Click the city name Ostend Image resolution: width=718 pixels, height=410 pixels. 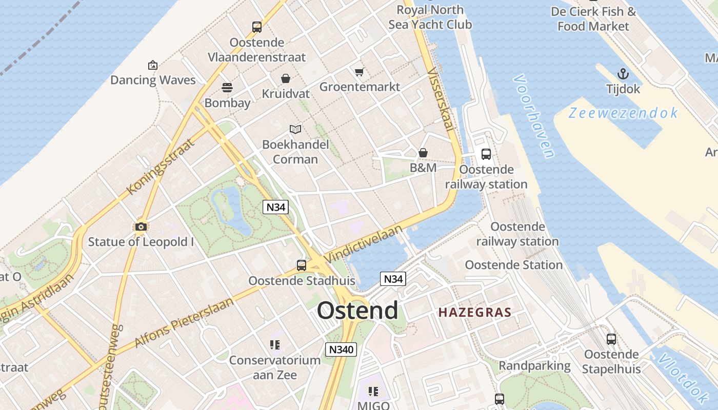pos(357,311)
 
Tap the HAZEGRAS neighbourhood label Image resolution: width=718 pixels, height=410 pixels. pos(474,312)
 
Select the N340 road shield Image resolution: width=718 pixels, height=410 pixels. pos(341,350)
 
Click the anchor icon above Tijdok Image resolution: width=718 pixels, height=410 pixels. pos(623,74)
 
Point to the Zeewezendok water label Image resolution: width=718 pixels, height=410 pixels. pos(623,113)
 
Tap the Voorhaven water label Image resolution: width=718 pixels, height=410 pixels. pos(534,116)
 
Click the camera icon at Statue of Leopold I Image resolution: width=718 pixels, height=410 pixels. pos(141,227)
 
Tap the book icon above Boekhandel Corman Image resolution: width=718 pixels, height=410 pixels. pos(295,129)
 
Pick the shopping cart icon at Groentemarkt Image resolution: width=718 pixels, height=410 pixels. pos(360,72)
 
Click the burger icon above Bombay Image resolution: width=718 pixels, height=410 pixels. pos(227,88)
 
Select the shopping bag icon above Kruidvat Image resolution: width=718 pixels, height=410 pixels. pos(286,78)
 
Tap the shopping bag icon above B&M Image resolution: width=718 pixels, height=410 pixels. pos(423,153)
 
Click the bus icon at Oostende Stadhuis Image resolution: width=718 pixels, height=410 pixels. pos(302,265)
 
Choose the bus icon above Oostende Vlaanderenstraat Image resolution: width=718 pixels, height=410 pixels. pos(257,27)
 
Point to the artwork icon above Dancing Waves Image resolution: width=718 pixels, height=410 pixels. pos(152,65)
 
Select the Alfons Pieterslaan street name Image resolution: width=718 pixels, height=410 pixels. pos(184,322)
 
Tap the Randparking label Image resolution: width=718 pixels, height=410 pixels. pos(534,365)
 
